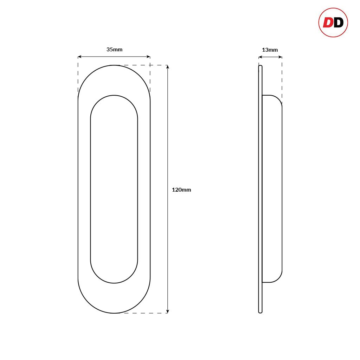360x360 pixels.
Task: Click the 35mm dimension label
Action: coord(114,50)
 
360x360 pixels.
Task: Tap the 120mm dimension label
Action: coord(181,190)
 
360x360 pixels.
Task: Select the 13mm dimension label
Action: coord(270,50)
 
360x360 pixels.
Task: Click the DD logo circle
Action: coord(333,22)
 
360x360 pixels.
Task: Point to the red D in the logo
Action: coord(328,22)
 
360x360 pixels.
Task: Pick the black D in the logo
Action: coord(338,22)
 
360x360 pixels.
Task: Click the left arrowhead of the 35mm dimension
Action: coord(79,56)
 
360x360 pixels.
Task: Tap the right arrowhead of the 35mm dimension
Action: coord(149,56)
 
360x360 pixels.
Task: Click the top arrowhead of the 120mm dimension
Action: coord(168,67)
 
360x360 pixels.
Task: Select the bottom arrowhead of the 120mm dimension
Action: coord(168,311)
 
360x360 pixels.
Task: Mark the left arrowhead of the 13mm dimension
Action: coord(260,57)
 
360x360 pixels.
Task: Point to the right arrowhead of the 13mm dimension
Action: coord(281,57)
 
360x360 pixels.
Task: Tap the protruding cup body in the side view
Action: coord(272,189)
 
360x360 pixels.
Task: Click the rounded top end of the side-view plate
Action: coord(260,66)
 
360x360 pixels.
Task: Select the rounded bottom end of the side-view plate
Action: coord(260,311)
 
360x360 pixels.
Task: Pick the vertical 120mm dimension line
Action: coord(168,141)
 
